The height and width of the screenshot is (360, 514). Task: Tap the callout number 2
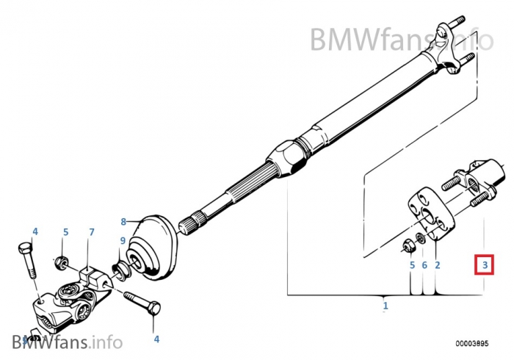437,264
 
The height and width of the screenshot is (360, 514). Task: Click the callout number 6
424,264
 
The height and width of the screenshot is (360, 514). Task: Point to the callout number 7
92,233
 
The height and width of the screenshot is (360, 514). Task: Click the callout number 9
123,240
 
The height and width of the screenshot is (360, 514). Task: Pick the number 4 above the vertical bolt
35,231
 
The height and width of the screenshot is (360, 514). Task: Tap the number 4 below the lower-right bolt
156,339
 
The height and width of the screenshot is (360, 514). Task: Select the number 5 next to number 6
412,264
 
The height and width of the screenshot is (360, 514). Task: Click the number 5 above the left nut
65,232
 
